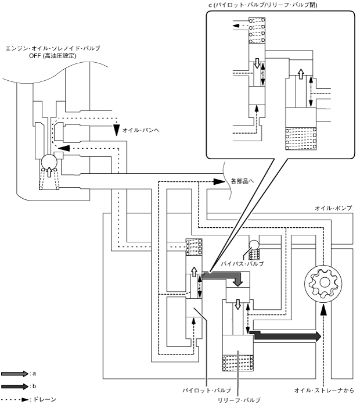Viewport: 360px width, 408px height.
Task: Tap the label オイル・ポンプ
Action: click(x=333, y=208)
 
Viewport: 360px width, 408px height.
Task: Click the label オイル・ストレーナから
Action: click(x=324, y=391)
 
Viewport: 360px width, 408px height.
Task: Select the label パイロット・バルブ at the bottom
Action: click(x=207, y=391)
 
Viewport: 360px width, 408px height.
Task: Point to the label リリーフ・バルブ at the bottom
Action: click(x=239, y=400)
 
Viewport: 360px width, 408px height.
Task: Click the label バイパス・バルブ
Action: click(x=242, y=264)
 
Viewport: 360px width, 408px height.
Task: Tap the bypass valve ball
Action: click(x=254, y=245)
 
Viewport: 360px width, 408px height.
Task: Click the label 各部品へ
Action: click(x=242, y=181)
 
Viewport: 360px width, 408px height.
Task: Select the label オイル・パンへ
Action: click(x=141, y=130)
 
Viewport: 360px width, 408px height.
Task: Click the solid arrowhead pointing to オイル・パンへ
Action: click(x=117, y=130)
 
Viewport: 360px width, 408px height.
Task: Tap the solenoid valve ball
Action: click(x=49, y=162)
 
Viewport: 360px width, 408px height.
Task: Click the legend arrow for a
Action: click(x=15, y=374)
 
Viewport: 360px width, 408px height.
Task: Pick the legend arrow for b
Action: click(x=15, y=386)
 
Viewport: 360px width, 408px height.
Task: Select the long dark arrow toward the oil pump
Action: click(x=285, y=336)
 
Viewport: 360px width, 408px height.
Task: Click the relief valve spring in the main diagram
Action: click(x=238, y=363)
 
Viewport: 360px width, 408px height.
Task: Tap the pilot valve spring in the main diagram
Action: click(x=194, y=247)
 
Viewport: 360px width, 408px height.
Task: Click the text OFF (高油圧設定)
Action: click(x=53, y=56)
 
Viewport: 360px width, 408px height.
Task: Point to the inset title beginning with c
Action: click(x=263, y=5)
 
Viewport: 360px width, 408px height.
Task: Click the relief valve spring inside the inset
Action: click(x=301, y=139)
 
